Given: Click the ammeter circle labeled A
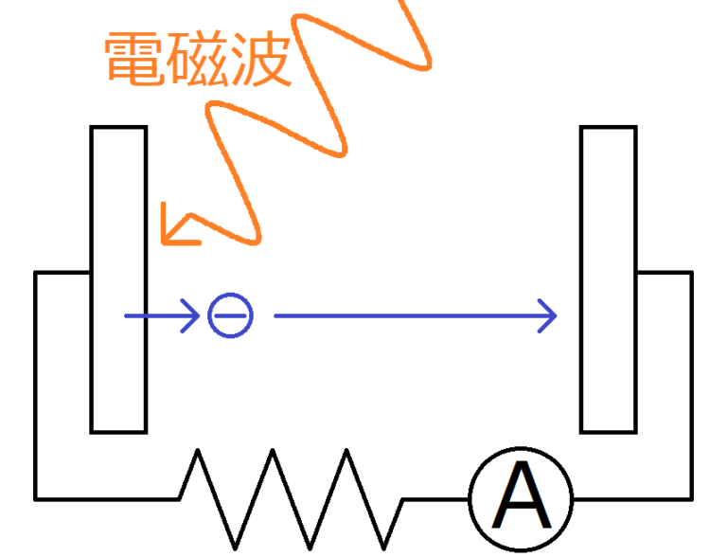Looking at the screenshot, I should [x=521, y=498].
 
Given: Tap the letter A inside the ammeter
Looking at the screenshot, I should [x=522, y=500].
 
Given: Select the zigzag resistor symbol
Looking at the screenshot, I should [x=292, y=497].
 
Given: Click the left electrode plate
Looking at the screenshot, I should [x=118, y=278].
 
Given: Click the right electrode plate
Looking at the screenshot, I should [x=609, y=278].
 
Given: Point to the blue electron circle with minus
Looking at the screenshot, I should [x=230, y=315].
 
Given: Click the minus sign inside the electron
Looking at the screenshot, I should [x=230, y=315].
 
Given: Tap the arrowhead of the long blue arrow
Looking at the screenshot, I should [x=548, y=315].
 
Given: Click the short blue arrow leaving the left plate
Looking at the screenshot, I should [x=161, y=315].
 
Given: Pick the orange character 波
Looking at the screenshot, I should [x=257, y=59].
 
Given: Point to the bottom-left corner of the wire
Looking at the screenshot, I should [x=36, y=497].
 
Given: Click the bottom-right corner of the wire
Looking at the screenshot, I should [x=691, y=497].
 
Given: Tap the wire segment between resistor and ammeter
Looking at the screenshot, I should [x=435, y=498].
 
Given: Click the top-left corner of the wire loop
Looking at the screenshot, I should [x=36, y=273].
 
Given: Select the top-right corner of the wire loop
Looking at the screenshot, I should [x=691, y=273].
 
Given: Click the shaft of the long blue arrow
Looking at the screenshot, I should [x=407, y=315].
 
